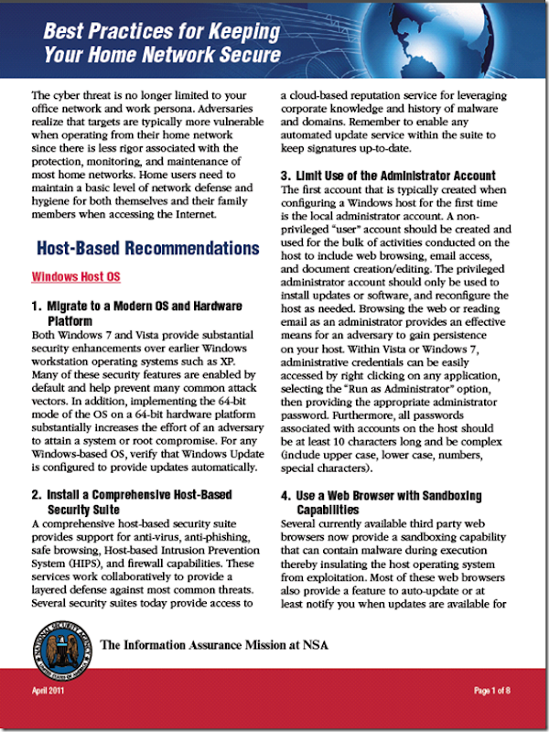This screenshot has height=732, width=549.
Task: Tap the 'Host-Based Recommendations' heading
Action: click(147, 248)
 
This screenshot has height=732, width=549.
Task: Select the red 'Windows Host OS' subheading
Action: click(76, 276)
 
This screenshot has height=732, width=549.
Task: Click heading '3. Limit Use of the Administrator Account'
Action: click(387, 176)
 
